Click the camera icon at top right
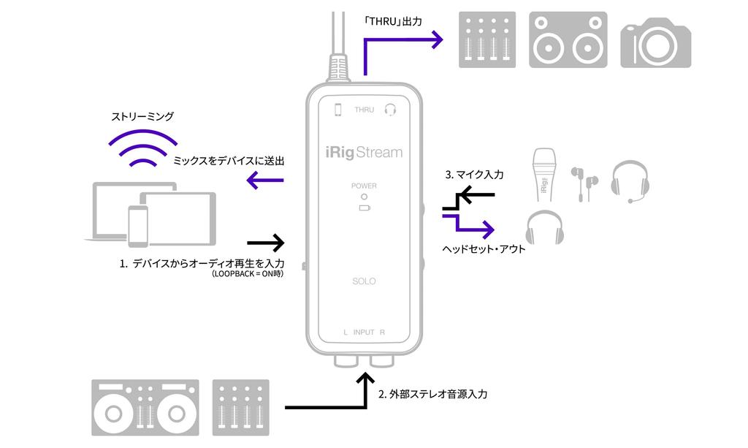655,42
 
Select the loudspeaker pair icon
568,40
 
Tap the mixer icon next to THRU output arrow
487,40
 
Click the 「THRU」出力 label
394,22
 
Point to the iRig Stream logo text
364,153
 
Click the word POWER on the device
364,186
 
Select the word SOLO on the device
364,281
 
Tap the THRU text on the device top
364,110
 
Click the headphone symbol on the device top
390,110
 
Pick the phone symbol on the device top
337,110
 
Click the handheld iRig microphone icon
545,175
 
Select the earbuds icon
584,183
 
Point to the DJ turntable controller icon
145,407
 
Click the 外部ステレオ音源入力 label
432,394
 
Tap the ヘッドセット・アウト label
484,248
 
